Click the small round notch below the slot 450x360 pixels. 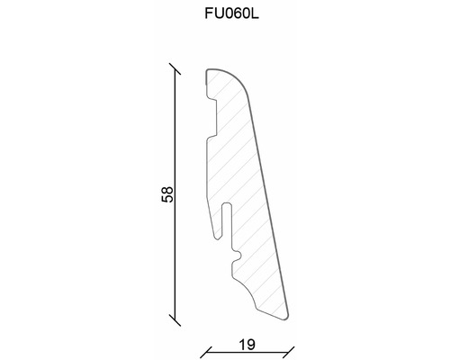232,255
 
